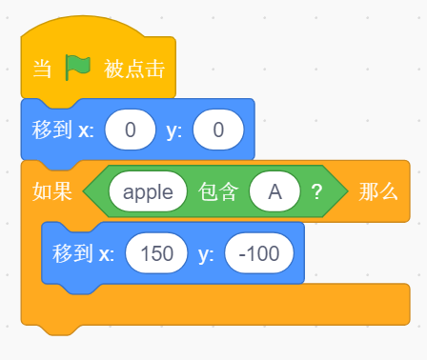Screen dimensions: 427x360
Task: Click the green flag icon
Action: pyautogui.click(x=78, y=68)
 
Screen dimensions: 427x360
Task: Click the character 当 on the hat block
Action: pyautogui.click(x=42, y=69)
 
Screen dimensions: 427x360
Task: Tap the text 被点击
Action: pyautogui.click(x=134, y=69)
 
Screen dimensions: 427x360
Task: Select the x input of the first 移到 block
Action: pyautogui.click(x=131, y=130)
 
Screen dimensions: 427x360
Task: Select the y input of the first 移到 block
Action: pyautogui.click(x=218, y=130)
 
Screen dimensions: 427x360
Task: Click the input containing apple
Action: pyautogui.click(x=148, y=191)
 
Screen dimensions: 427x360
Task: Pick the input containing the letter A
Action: pyautogui.click(x=274, y=191)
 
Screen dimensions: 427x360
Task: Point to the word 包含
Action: pyautogui.click(x=218, y=191)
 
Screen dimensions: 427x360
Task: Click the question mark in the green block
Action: pyautogui.click(x=316, y=191)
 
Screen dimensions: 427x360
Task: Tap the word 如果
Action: pyautogui.click(x=52, y=191)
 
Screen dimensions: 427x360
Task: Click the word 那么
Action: pyautogui.click(x=378, y=191)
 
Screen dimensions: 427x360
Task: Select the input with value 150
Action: pyautogui.click(x=156, y=253)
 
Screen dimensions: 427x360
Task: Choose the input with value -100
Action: pyautogui.click(x=259, y=253)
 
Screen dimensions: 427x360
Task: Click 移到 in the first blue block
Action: pyautogui.click(x=51, y=130)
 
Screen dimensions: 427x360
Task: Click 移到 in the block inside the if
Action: pyautogui.click(x=72, y=253)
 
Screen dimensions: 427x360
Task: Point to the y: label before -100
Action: pyautogui.click(x=206, y=254)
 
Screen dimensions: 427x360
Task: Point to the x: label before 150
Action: pyautogui.click(x=107, y=254)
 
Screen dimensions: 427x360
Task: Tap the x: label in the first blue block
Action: pyautogui.click(x=86, y=130)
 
